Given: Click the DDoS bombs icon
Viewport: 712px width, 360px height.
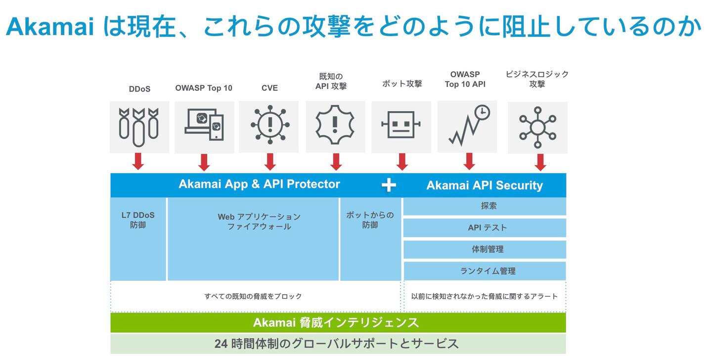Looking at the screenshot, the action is pos(139,127).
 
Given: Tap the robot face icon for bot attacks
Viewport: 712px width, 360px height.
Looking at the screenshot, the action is pos(401,124).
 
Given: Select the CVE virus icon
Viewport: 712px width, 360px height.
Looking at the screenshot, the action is pos(270,124).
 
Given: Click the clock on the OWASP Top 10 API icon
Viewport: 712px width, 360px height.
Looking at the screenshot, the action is pos(482,112).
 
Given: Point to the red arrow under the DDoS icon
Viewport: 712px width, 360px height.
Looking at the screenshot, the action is pos(138,161).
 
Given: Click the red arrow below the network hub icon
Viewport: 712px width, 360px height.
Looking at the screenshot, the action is pos(540,162).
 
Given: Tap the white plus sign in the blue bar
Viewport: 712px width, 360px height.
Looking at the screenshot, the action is pos(389,185).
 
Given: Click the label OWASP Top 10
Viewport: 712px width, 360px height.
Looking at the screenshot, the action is pos(203,88).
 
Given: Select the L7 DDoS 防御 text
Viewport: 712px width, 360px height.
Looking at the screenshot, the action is pos(138,220).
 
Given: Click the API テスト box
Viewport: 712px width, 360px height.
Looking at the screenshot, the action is pos(485,227).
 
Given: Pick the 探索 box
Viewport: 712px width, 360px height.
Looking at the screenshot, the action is pos(485,206).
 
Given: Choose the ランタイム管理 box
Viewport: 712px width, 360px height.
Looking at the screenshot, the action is pos(485,271).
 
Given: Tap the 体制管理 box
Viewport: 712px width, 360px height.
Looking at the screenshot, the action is pos(485,249).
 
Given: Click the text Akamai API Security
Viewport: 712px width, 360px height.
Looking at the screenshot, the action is pos(485,185).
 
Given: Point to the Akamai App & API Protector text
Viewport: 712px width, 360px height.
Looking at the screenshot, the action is pos(259,184).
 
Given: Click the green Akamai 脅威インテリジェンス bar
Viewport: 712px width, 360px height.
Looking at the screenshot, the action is pos(338,322).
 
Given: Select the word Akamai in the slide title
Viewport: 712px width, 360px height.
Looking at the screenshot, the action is pos(50,26).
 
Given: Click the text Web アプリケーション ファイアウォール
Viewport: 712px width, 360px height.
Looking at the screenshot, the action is pos(259,222).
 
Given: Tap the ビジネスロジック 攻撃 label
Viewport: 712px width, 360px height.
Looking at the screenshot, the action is pos(537,79).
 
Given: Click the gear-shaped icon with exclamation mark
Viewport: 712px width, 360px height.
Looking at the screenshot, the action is pos(335,124).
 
